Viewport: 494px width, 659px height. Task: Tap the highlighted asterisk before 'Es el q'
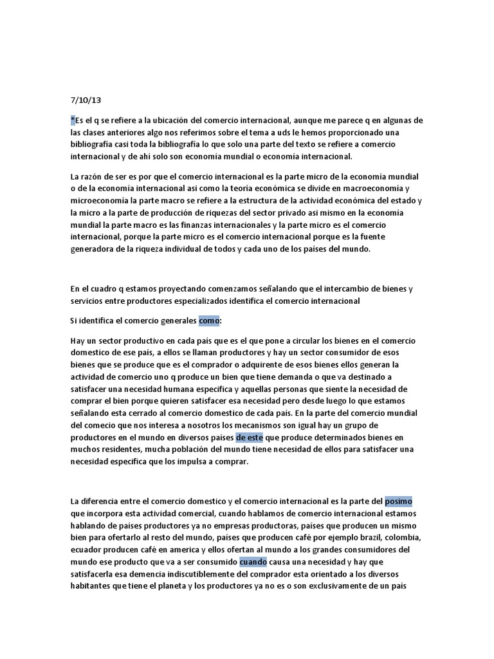tap(72, 120)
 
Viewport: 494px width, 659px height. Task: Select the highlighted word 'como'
tap(209, 320)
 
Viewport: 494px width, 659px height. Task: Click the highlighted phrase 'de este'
tap(250, 436)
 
